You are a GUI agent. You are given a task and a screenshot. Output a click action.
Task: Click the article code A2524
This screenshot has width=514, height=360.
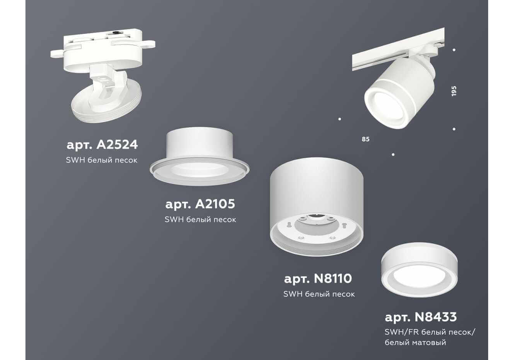117,145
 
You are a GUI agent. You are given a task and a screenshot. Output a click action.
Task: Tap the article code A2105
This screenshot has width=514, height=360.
215,204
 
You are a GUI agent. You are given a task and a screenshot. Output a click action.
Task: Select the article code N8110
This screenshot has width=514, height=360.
332,279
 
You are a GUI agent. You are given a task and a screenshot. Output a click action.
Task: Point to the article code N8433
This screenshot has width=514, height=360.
436,317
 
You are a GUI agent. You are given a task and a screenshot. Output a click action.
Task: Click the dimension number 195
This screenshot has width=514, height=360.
454,91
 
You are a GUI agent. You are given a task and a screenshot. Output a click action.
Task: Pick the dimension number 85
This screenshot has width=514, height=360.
366,139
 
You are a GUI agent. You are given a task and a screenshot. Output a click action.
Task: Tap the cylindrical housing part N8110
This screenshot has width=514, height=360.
317,207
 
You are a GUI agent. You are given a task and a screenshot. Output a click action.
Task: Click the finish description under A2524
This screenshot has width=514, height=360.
102,160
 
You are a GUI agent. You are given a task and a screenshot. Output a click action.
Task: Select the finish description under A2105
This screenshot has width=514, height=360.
201,220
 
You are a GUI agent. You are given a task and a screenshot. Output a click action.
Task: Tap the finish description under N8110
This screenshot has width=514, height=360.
319,294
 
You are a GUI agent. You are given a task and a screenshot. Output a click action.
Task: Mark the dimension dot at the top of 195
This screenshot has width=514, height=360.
454,50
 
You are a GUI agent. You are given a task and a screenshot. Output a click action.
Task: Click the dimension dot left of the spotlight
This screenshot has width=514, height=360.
340,119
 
